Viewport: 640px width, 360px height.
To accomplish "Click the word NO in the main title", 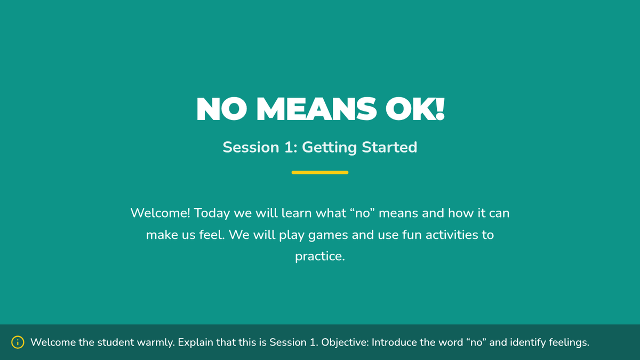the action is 222,109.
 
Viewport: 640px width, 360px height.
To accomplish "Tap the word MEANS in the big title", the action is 316,109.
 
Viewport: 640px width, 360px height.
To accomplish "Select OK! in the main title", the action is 415,109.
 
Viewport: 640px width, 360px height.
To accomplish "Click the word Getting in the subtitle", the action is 329,148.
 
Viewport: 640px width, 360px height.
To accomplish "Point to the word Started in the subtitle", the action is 389,147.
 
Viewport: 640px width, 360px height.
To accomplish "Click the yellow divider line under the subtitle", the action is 319,172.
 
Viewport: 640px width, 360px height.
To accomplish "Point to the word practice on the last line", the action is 319,257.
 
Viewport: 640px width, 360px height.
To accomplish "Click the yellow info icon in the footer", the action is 18,342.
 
